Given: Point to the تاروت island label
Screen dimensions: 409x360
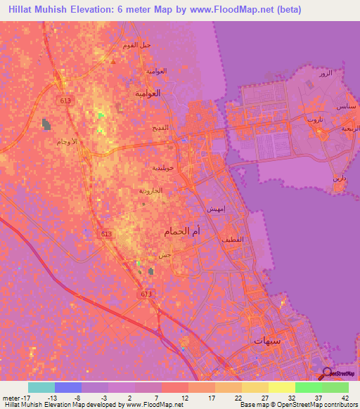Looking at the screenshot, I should point(314,119).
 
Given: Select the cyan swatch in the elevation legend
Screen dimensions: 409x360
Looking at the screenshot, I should point(41,387).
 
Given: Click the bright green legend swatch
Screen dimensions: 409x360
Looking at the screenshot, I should point(308,387).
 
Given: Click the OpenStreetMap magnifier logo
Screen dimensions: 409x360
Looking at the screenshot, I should point(328,373).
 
